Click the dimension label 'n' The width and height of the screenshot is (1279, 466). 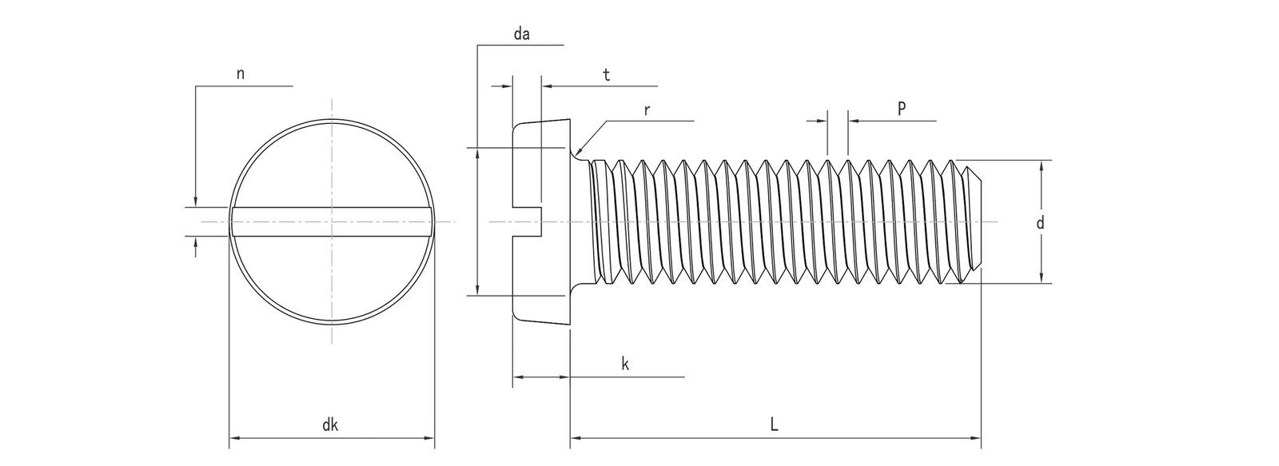tap(241, 74)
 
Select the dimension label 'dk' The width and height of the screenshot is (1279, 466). tap(330, 426)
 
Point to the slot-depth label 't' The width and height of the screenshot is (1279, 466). tap(607, 75)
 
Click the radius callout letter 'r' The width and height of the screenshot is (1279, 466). tap(647, 110)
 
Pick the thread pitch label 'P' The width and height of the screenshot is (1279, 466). tap(902, 110)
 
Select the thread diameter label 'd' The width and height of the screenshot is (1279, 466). tap(1040, 224)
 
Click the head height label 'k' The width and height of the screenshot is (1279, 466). tap(625, 364)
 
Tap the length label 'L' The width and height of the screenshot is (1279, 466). tap(774, 426)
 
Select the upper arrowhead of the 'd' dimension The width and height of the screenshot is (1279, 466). tap(1041, 165)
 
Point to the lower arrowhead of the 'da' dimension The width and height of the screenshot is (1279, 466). tap(477, 290)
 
